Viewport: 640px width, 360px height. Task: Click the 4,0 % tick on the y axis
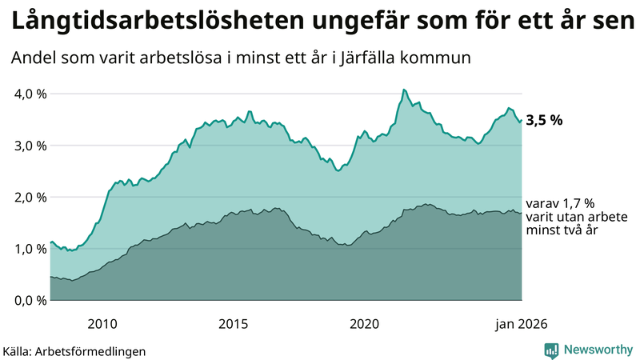pos(31,94)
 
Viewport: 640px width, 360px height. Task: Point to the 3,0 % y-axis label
pos(31,146)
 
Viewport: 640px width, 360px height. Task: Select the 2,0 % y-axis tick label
pos(31,197)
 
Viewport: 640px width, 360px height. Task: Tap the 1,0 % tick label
pos(31,249)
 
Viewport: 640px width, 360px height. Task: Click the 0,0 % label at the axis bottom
pos(31,300)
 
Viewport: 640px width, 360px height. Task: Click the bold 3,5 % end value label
pos(544,121)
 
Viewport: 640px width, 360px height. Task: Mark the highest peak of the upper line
pos(403,90)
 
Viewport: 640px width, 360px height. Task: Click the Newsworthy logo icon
pos(551,350)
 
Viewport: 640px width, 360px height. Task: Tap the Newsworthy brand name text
pos(598,350)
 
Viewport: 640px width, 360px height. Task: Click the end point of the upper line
pos(522,121)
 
